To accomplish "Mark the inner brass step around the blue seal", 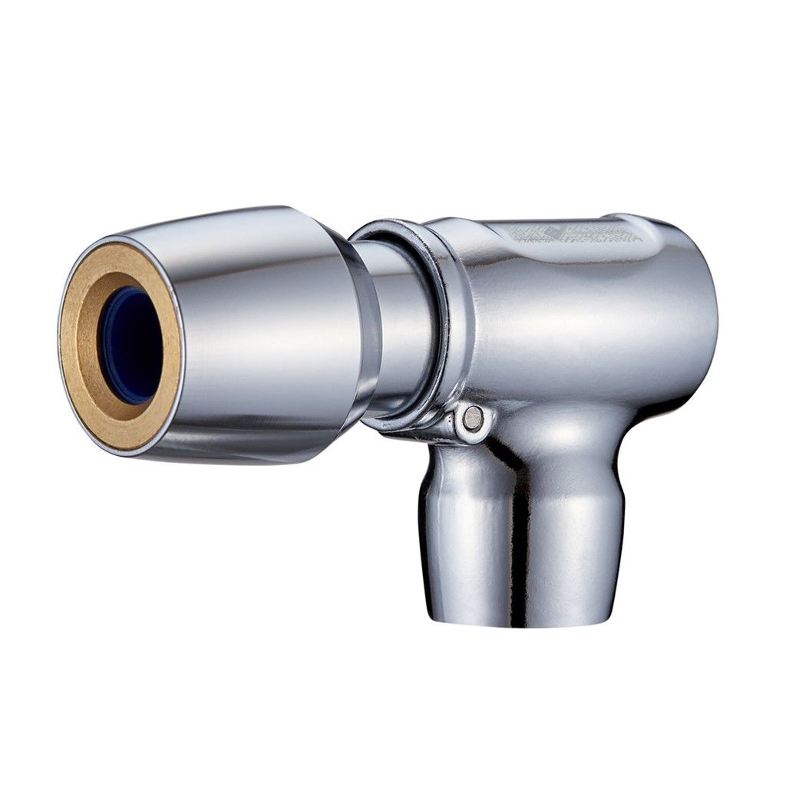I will (107, 307).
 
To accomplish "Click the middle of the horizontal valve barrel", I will (576, 322).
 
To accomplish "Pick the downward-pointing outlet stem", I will (522, 530).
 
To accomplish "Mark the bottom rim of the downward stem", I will (522, 620).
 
